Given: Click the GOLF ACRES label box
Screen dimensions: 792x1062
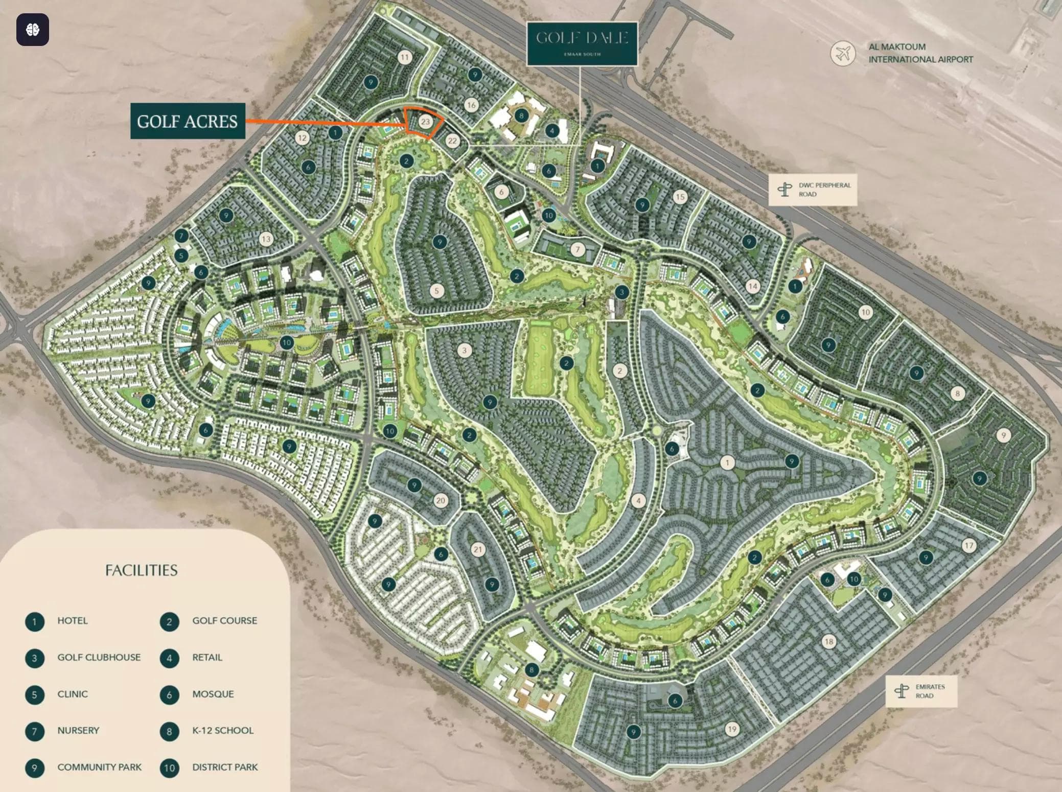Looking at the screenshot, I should (x=188, y=121).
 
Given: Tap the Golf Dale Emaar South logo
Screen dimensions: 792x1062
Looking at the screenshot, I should (x=582, y=43).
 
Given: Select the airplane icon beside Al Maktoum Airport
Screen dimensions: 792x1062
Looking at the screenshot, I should (x=842, y=53).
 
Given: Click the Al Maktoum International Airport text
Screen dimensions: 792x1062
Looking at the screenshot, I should (x=920, y=53).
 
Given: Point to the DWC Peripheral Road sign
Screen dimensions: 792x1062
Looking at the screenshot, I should (x=813, y=190).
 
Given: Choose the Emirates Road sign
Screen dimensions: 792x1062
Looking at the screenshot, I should (x=921, y=691).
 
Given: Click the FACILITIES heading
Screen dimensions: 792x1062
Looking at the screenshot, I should (x=141, y=570).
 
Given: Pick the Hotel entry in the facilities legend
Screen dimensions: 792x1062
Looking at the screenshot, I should (x=72, y=621).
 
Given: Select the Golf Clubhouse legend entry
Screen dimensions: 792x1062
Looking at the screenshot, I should (x=99, y=658).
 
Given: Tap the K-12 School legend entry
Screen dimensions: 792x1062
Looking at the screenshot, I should (x=222, y=731).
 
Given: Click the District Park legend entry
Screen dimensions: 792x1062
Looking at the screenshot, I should (x=224, y=767).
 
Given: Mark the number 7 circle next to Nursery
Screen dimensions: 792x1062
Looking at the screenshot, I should (x=34, y=731).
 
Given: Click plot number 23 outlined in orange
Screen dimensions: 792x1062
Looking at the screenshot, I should (x=425, y=122).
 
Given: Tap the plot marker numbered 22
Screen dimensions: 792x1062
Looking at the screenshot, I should (x=452, y=141).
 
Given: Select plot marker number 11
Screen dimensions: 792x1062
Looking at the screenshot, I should (x=405, y=57).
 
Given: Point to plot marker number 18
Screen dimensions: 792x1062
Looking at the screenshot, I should (x=828, y=641).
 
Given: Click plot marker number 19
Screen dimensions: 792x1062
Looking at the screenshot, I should (x=732, y=729).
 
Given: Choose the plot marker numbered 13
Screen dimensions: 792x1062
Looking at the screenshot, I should (x=266, y=239).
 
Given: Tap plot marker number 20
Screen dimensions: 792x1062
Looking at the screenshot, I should (x=441, y=500).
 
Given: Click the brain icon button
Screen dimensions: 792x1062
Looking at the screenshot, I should (x=33, y=30).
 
